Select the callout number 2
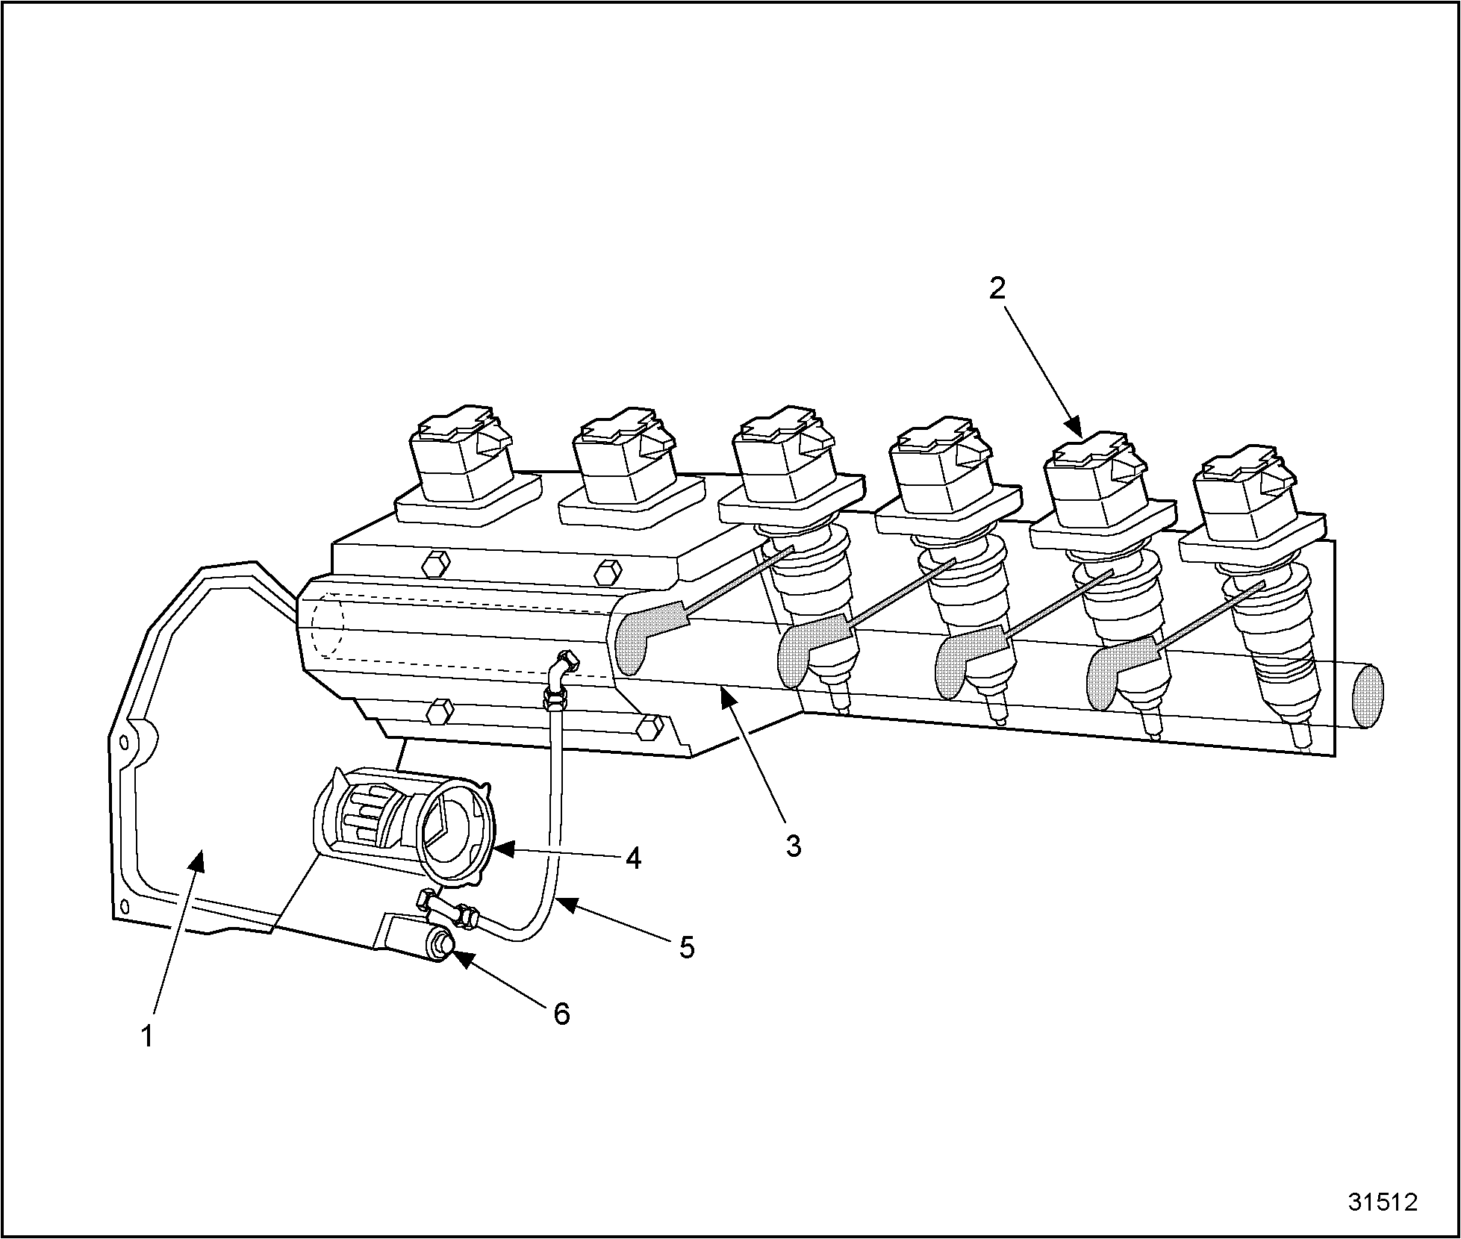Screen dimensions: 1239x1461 [x=997, y=289]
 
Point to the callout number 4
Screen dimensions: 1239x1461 [x=632, y=858]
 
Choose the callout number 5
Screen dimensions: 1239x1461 [x=687, y=948]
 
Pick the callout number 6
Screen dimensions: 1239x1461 [x=561, y=1013]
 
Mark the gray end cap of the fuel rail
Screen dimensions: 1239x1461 [x=1367, y=696]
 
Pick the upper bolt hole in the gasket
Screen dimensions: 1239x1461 [x=124, y=743]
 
